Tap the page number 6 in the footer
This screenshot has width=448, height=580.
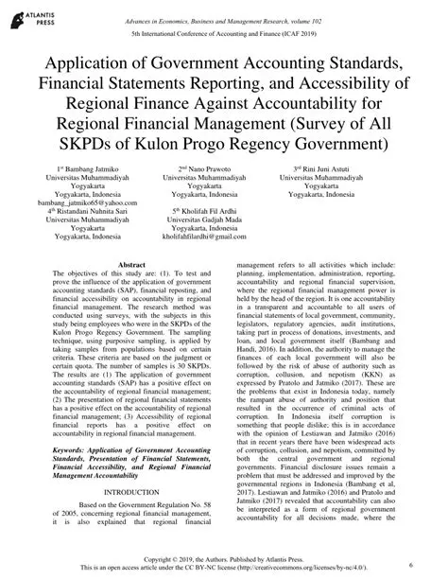(427, 564)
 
